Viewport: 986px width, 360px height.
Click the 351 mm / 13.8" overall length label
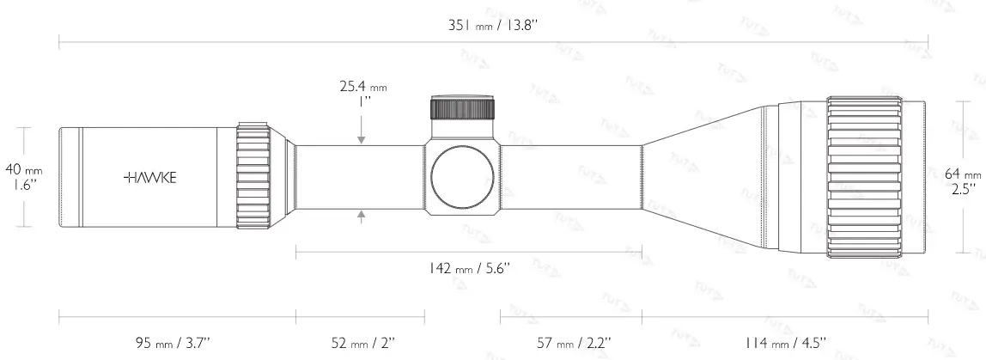click(x=493, y=25)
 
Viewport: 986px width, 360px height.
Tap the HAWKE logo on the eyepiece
click(x=150, y=177)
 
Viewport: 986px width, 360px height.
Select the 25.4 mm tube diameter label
click(x=363, y=86)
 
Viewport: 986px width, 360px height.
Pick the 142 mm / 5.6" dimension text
click(x=469, y=268)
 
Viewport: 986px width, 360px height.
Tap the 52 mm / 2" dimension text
click(x=364, y=343)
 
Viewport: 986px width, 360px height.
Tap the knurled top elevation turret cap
click(x=463, y=108)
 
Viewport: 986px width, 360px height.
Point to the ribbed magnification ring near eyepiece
click(x=254, y=176)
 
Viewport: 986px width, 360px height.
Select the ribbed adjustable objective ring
click(x=865, y=177)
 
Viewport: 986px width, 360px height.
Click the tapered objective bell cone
click(x=704, y=177)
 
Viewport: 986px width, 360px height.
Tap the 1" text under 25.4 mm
click(x=364, y=101)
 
